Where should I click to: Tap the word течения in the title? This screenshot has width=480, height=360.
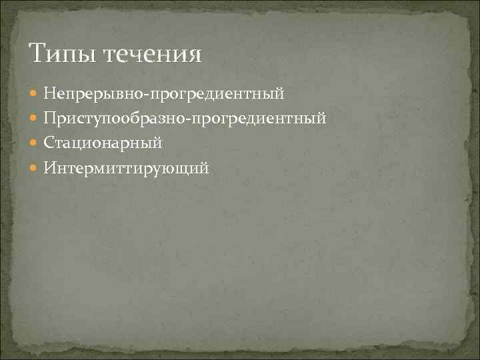[152, 53]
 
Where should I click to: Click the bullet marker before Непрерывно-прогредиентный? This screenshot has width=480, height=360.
[35, 94]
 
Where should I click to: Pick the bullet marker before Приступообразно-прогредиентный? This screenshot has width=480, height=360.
[35, 119]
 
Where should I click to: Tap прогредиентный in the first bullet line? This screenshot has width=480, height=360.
[217, 93]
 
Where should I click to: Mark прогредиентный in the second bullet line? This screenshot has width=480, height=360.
[259, 119]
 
